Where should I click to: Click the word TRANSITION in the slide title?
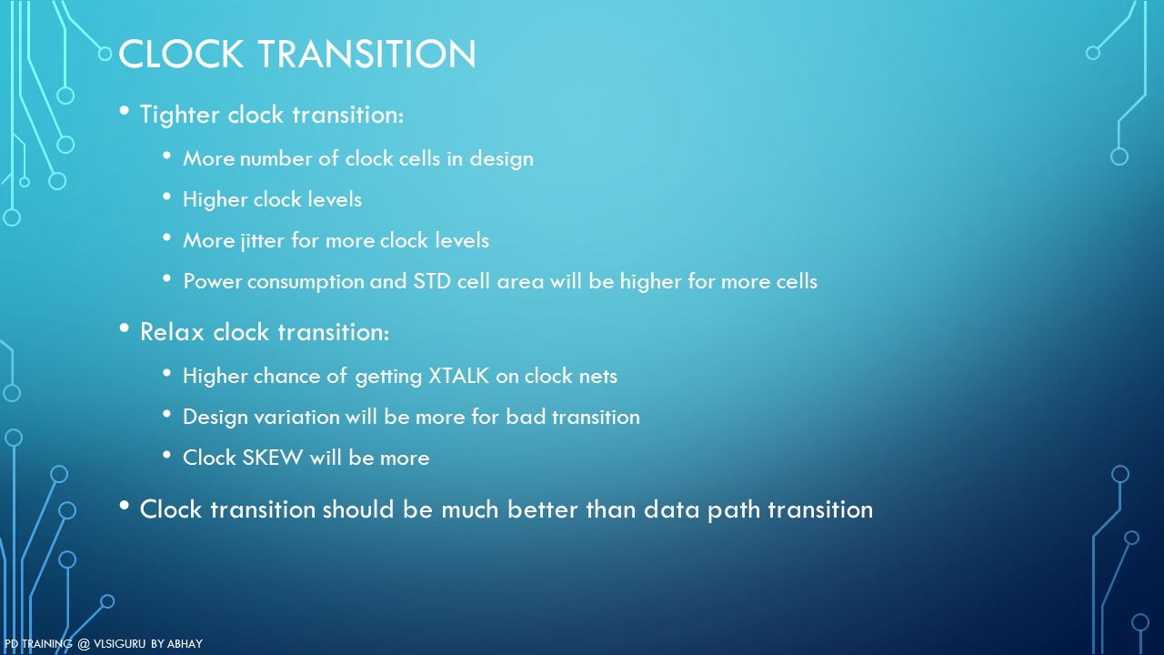(366, 54)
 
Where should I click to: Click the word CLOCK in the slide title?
(181, 54)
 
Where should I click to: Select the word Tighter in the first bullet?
(180, 115)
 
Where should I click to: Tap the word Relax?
(172, 332)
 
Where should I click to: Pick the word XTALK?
(459, 376)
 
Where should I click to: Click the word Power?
(212, 281)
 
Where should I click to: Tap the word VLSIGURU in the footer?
(119, 643)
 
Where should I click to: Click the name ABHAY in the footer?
(185, 643)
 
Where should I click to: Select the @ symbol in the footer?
(84, 644)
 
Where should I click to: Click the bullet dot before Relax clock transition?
(124, 328)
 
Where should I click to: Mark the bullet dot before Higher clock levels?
(166, 196)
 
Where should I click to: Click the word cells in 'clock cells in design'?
(418, 158)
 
